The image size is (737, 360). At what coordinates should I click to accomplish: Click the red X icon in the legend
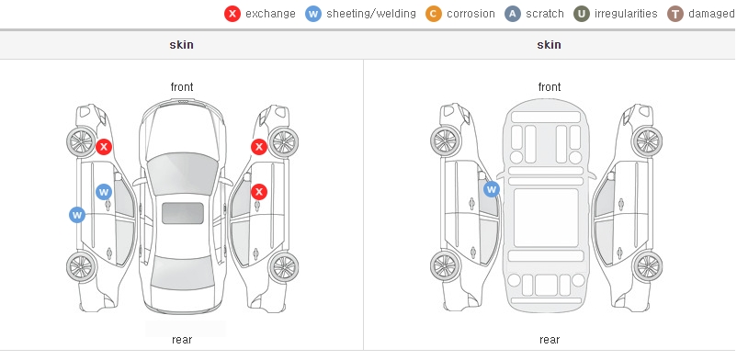pos(232,14)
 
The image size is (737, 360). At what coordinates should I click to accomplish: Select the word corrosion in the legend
pos(471,14)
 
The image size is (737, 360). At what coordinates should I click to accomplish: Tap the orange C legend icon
pos(434,14)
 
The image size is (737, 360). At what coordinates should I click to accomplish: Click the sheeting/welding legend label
pos(371,14)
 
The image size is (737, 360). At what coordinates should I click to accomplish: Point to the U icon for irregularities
pos(582,14)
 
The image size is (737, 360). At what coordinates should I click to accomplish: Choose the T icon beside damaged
pos(675,14)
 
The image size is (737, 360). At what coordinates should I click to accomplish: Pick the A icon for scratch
pos(513,14)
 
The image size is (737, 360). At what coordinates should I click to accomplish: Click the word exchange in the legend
pos(270,14)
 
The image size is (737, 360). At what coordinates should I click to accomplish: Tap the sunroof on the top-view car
pos(183,213)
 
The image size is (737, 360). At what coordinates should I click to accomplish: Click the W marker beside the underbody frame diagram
pos(492,189)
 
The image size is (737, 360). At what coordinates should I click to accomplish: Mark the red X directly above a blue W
pos(104,147)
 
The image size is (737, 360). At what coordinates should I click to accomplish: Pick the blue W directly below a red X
pos(104,192)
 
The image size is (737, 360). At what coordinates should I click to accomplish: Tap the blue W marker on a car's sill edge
pos(77,215)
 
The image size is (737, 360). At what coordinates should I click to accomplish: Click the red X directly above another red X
pos(259,147)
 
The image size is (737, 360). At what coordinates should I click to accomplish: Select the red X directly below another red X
pos(259,192)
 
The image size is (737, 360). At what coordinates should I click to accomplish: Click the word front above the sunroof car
pos(182,87)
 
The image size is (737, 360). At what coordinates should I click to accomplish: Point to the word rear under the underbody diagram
pos(550,339)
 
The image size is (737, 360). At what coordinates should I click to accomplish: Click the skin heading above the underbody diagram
pos(549,45)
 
